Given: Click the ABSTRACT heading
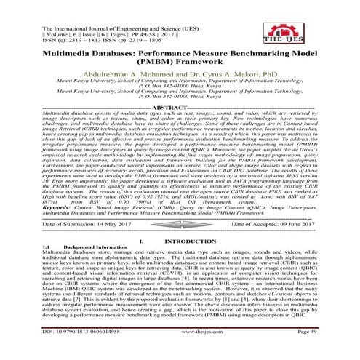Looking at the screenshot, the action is (179, 127).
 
